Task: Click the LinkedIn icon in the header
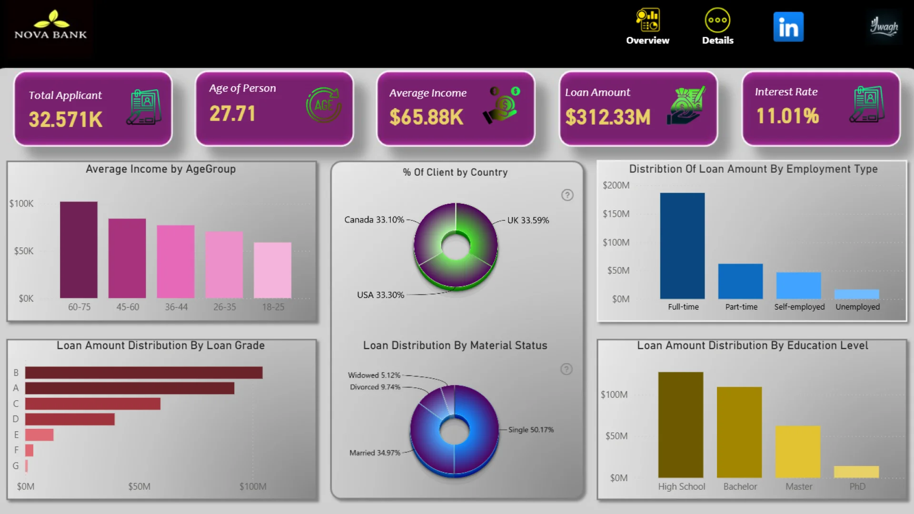point(788,27)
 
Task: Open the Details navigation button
point(717,27)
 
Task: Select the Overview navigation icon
point(647,27)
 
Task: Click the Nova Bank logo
point(51,26)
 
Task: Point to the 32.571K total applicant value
point(66,119)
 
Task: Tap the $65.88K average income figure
point(426,117)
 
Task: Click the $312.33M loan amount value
point(608,117)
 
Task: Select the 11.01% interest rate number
point(787,116)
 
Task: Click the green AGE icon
point(323,105)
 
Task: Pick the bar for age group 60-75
point(79,250)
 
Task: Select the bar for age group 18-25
point(272,270)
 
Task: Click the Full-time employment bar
point(682,246)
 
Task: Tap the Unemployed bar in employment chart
point(856,294)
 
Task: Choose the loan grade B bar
point(144,373)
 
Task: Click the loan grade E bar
point(40,435)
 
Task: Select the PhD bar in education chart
point(856,472)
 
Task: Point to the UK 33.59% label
point(528,220)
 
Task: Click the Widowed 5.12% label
point(374,375)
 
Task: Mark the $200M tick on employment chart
point(616,185)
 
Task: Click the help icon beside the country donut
point(567,195)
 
